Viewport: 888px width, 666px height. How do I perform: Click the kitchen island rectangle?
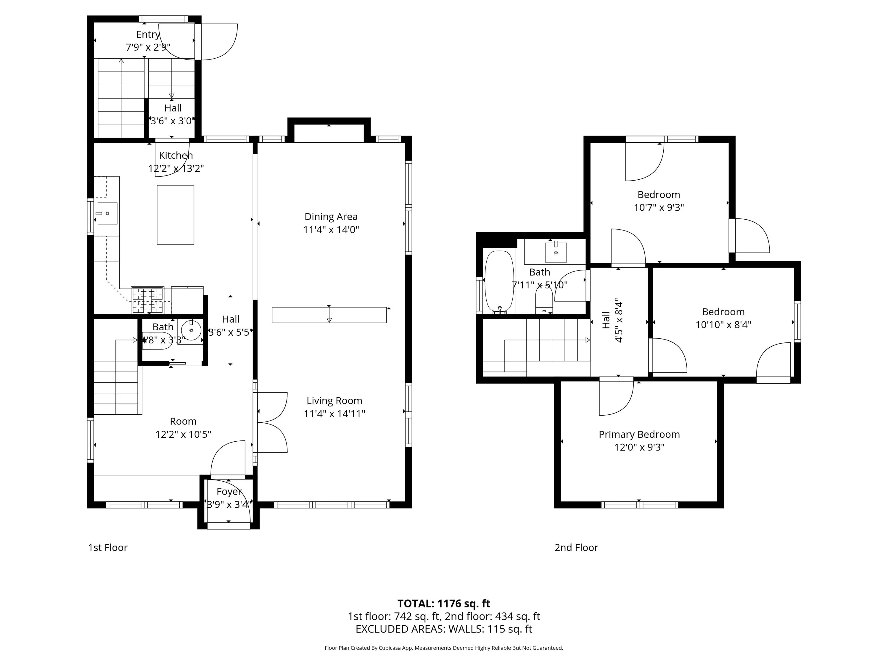(x=176, y=215)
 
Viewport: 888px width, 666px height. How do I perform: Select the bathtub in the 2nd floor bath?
(x=499, y=282)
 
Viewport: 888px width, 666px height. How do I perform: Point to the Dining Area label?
(x=331, y=217)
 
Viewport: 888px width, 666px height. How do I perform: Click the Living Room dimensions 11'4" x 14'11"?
(x=334, y=414)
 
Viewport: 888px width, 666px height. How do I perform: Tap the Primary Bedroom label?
(x=639, y=434)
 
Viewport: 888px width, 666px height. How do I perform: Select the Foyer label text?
(x=229, y=492)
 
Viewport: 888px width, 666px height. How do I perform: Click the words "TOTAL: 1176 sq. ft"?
(x=444, y=603)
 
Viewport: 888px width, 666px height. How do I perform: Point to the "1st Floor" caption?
(x=107, y=548)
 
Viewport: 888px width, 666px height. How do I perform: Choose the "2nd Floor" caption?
(x=576, y=548)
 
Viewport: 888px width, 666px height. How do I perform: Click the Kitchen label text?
(x=176, y=155)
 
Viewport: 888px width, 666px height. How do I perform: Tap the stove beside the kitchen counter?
(x=147, y=300)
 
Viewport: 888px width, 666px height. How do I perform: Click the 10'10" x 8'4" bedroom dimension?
(x=723, y=324)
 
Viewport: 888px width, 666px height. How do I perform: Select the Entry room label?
(x=148, y=35)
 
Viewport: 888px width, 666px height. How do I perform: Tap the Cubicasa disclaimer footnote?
(x=444, y=648)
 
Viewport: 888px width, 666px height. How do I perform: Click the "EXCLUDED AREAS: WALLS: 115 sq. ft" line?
(x=444, y=629)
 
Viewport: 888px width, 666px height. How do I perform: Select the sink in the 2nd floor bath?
(x=556, y=251)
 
